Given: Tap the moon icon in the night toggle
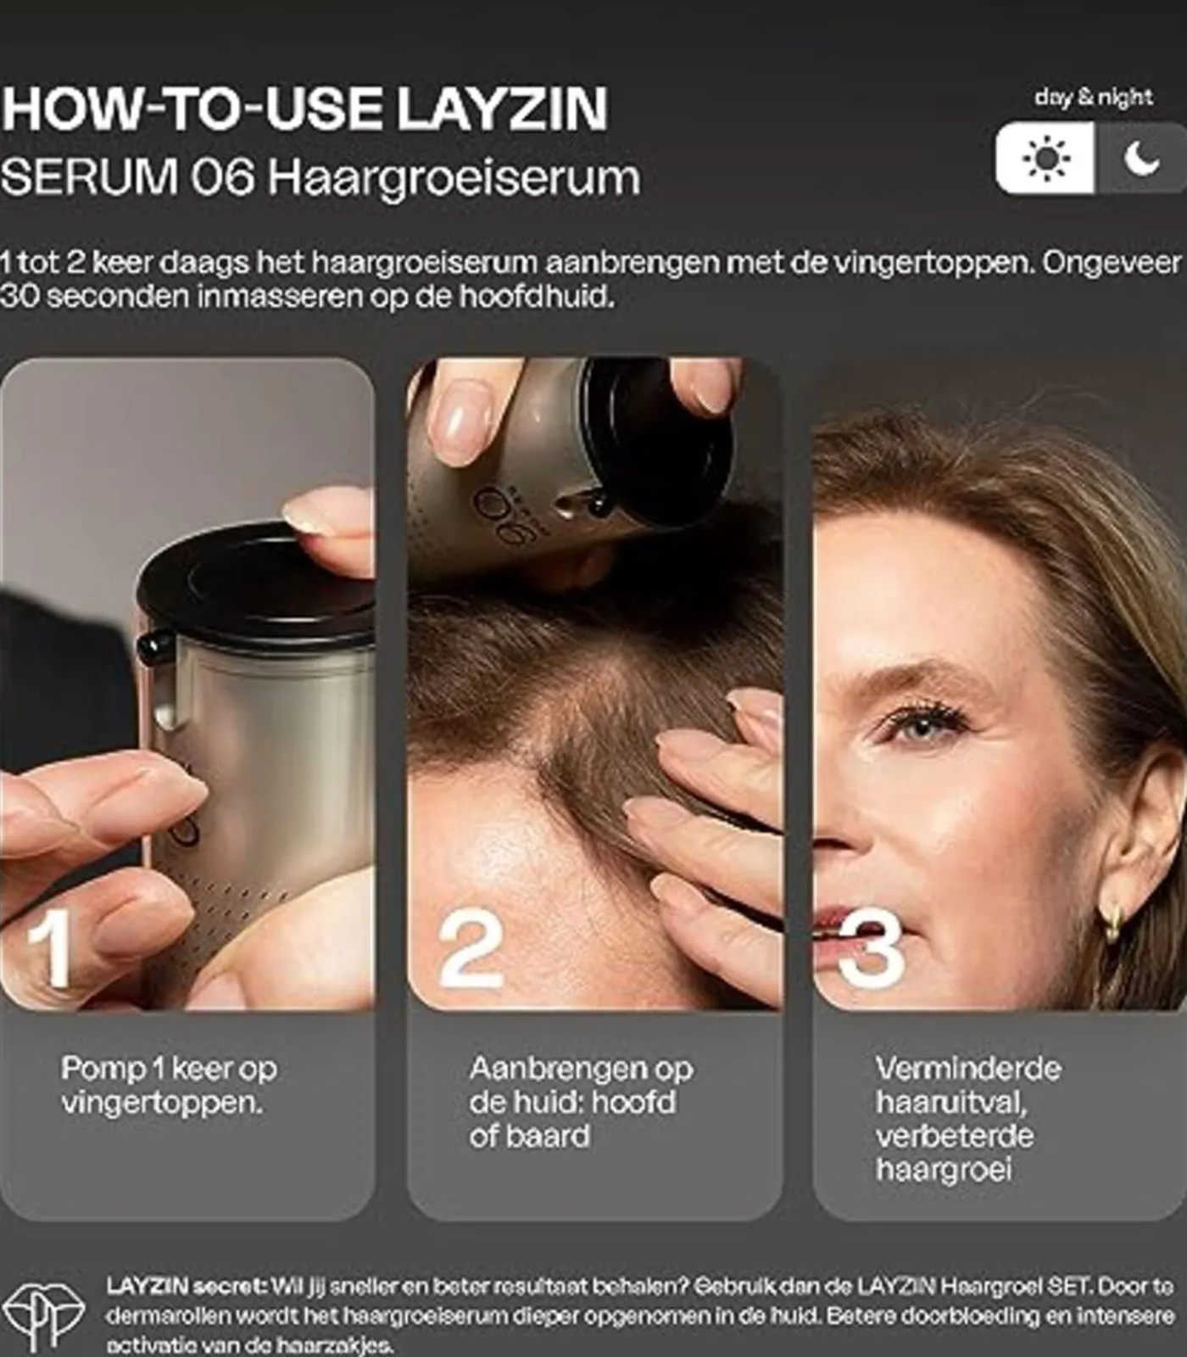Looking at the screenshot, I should (x=1140, y=159).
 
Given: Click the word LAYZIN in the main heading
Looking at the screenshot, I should (x=502, y=109).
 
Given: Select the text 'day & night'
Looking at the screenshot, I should (x=1093, y=98).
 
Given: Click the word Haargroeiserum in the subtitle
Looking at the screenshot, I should (x=454, y=178).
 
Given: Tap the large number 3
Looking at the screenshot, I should (x=872, y=950).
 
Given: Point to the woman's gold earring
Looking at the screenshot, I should (x=1112, y=921).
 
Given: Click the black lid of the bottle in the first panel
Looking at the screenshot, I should (x=254, y=585).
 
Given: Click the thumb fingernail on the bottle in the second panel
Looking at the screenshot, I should (x=463, y=422).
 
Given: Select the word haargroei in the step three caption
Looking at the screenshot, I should (x=943, y=1170).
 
